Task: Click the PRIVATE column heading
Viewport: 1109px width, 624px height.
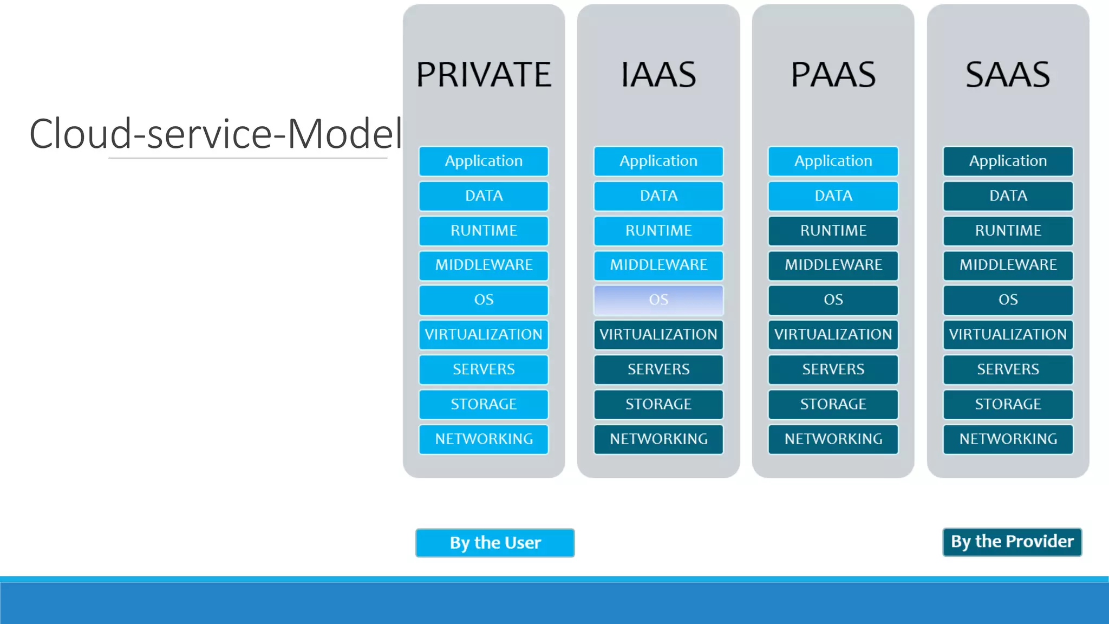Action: tap(484, 75)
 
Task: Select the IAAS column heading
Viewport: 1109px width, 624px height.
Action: tap(658, 75)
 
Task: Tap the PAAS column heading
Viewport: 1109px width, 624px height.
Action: tap(833, 75)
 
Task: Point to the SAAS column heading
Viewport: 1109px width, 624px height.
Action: tap(1008, 75)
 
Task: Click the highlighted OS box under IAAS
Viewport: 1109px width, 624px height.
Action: tap(658, 300)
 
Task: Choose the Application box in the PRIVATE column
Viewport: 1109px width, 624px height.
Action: tap(484, 161)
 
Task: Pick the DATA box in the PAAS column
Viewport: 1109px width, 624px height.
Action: tap(833, 196)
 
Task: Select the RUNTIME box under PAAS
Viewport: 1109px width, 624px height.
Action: tap(833, 230)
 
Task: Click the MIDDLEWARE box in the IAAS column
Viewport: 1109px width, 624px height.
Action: tap(658, 265)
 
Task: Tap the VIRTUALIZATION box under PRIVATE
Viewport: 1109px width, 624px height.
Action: tap(484, 334)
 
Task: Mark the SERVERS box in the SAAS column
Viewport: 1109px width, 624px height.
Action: tap(1008, 369)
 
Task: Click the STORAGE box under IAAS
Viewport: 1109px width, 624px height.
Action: tap(658, 404)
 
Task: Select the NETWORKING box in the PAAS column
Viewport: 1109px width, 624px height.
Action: tap(833, 439)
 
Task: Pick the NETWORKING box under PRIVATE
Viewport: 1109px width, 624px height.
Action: tap(484, 439)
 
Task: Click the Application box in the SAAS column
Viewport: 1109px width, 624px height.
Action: tap(1008, 161)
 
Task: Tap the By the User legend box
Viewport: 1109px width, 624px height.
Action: tap(495, 542)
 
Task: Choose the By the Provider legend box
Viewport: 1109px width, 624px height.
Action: tap(1012, 542)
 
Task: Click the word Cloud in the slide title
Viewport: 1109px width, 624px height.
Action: tap(80, 133)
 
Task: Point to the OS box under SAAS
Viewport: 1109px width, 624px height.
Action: tap(1008, 300)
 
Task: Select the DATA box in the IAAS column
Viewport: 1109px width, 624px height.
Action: tap(658, 196)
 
